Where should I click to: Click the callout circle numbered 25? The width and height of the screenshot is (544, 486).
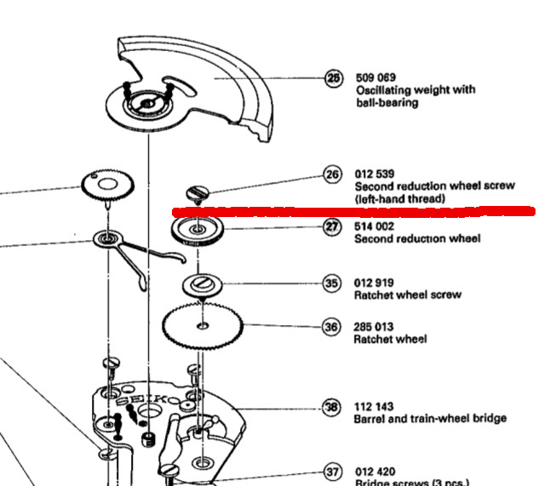pyautogui.click(x=333, y=78)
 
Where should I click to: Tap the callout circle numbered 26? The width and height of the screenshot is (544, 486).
pyautogui.click(x=332, y=174)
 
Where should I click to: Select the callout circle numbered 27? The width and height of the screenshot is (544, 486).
pyautogui.click(x=332, y=227)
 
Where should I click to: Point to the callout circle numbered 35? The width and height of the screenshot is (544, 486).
pyautogui.click(x=331, y=283)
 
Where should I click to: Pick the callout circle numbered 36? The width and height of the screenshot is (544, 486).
pyautogui.click(x=331, y=327)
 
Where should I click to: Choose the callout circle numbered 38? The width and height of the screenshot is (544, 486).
pyautogui.click(x=331, y=407)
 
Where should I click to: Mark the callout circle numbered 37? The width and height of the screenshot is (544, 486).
pyautogui.click(x=332, y=471)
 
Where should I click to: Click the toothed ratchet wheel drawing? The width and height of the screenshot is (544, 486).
pyautogui.click(x=203, y=324)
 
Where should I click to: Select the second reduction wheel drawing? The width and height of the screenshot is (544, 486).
pyautogui.click(x=197, y=230)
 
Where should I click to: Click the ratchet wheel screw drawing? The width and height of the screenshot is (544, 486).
pyautogui.click(x=203, y=283)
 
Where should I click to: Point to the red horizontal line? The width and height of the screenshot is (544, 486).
pyautogui.click(x=349, y=209)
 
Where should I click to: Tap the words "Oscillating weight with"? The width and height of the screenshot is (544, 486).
pyautogui.click(x=415, y=90)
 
